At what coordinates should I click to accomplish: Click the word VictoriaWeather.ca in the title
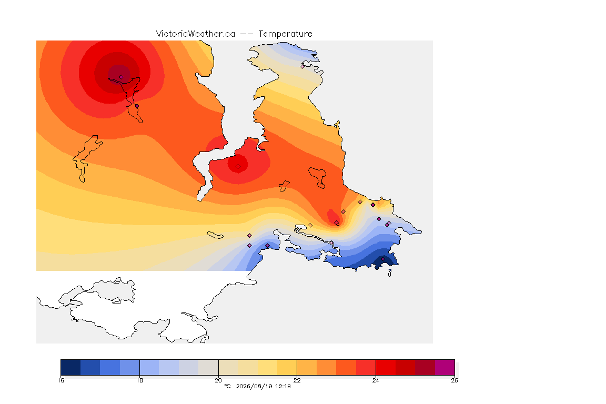click(x=196, y=34)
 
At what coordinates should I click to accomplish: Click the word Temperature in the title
click(x=285, y=34)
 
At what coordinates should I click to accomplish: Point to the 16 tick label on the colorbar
click(x=60, y=380)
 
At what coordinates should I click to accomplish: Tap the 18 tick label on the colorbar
click(x=139, y=380)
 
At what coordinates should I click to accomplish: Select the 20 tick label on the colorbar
click(x=218, y=380)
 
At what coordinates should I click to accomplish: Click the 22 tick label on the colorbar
click(x=297, y=380)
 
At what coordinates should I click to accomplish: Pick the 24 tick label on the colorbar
click(x=376, y=380)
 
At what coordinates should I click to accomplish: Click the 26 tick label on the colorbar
click(x=454, y=380)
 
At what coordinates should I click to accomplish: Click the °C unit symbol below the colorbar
click(x=227, y=386)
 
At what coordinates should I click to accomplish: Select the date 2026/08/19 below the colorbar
click(x=253, y=386)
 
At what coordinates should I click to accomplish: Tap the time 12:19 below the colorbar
click(x=283, y=386)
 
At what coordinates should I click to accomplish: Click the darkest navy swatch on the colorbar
click(x=70, y=367)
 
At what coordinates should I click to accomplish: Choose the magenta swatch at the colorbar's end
click(x=445, y=367)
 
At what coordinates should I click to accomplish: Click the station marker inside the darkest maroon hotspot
click(x=122, y=77)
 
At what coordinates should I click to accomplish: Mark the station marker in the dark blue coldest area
click(x=383, y=259)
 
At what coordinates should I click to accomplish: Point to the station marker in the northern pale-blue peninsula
click(x=302, y=66)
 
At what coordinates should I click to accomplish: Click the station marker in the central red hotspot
click(x=238, y=167)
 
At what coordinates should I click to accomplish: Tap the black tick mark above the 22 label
click(x=297, y=367)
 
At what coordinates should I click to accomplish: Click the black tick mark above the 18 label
click(x=139, y=367)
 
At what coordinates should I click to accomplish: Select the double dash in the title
click(x=247, y=34)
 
